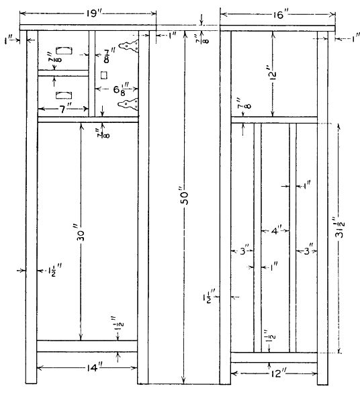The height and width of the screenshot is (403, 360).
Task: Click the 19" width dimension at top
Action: coord(93,13)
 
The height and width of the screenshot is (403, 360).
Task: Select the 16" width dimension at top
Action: coord(279,15)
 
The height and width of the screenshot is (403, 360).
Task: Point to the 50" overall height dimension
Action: coord(185,197)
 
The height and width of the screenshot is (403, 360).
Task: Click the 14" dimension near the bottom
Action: coord(93,368)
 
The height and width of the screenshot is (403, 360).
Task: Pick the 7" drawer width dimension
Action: coord(64,109)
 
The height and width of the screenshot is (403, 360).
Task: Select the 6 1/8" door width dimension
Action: coord(121,89)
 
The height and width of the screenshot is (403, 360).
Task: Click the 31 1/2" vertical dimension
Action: coord(340,228)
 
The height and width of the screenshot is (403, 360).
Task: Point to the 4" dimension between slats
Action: coord(277,230)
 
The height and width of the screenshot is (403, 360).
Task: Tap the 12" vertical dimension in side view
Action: coord(273,73)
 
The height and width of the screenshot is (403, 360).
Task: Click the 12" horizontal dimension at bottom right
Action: coord(277,373)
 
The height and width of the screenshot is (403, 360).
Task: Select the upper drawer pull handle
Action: coord(64,50)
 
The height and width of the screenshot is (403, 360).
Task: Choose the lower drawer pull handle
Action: coord(64,95)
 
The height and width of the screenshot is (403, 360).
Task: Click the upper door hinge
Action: coord(128,46)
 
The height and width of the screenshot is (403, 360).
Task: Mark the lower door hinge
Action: coord(128,104)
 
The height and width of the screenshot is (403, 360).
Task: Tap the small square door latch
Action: coord(104,75)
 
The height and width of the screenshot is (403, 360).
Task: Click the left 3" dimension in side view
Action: coord(244,251)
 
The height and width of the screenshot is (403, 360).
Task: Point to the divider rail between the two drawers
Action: coord(63,73)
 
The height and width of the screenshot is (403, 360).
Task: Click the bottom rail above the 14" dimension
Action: coord(87,346)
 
